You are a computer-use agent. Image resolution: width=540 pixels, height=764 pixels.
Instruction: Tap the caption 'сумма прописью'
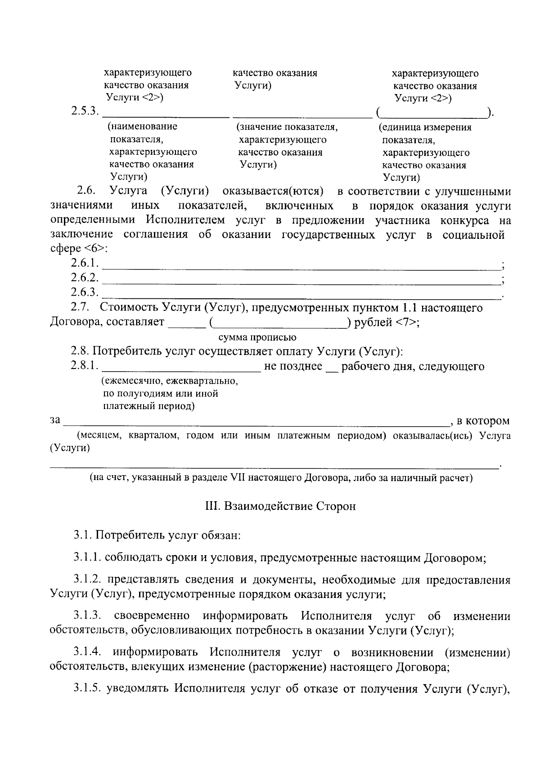pos(257,337)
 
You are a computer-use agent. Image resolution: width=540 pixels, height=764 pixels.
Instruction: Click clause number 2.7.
pos(81,308)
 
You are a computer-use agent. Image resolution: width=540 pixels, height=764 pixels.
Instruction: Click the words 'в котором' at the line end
pos(483,421)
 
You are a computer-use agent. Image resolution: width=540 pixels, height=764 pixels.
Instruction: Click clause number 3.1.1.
pos(88,558)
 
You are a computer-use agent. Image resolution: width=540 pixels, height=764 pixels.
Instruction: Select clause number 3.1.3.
pos(88,616)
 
